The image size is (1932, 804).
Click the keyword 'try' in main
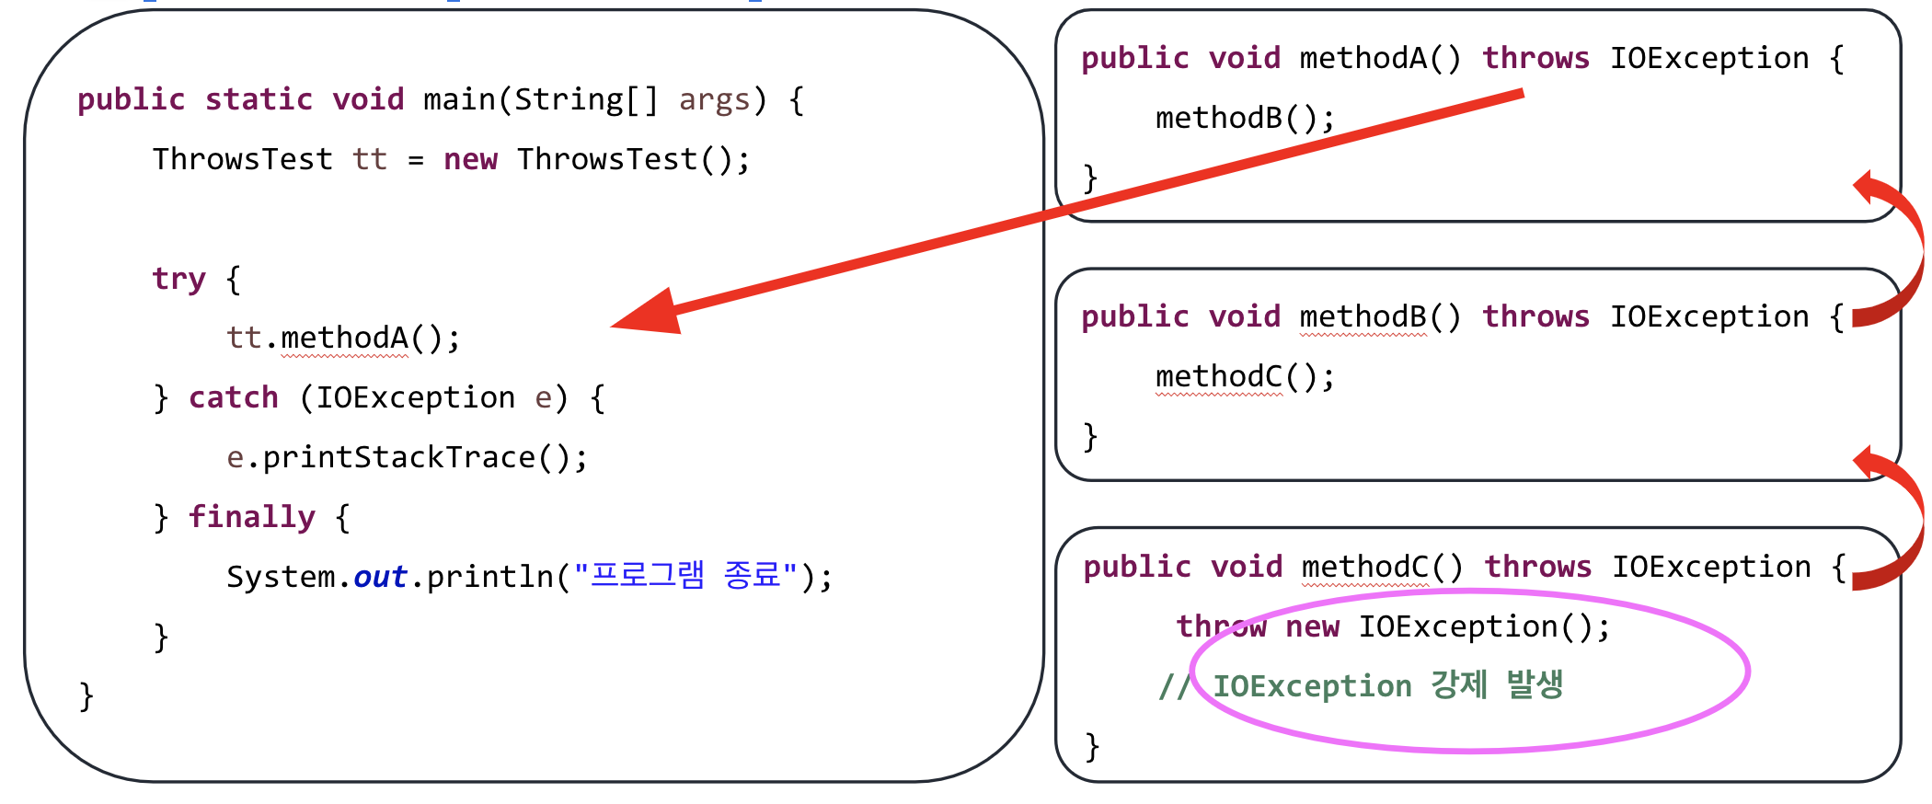178,278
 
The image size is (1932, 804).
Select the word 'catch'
234,397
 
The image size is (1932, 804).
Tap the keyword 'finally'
251,517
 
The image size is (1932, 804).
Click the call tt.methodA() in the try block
342,338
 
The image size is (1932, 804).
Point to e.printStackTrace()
407,457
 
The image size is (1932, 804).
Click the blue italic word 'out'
380,577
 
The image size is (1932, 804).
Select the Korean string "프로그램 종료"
685,576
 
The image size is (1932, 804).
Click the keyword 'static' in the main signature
259,99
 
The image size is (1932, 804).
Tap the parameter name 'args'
714,99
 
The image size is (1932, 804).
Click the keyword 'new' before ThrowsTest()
470,159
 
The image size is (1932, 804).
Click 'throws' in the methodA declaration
1535,58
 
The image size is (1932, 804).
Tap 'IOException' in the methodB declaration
1708,316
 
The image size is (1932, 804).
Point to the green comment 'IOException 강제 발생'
1387,685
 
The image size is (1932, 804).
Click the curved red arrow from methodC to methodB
1901,515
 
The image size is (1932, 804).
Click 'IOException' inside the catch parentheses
415,397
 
